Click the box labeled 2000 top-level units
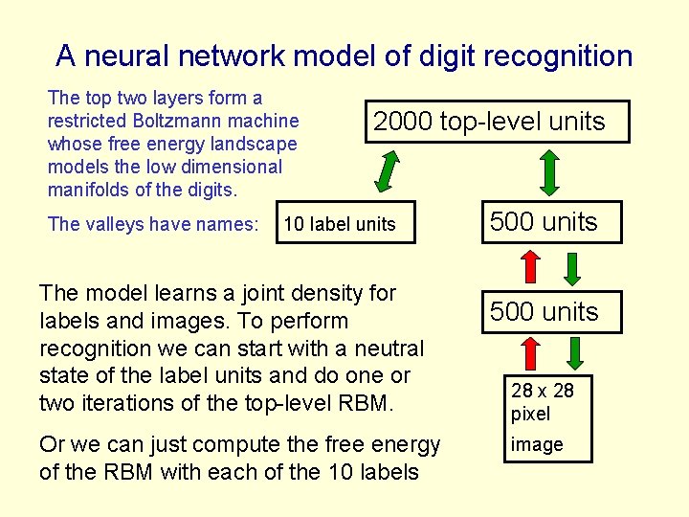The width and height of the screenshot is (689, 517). pos(489,122)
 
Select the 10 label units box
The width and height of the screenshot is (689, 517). pos(344,224)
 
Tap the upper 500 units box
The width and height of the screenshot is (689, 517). pos(544,222)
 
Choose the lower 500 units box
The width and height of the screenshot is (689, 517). pos(544,312)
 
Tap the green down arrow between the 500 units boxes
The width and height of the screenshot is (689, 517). pos(572,268)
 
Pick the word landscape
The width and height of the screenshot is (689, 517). pos(256,144)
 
